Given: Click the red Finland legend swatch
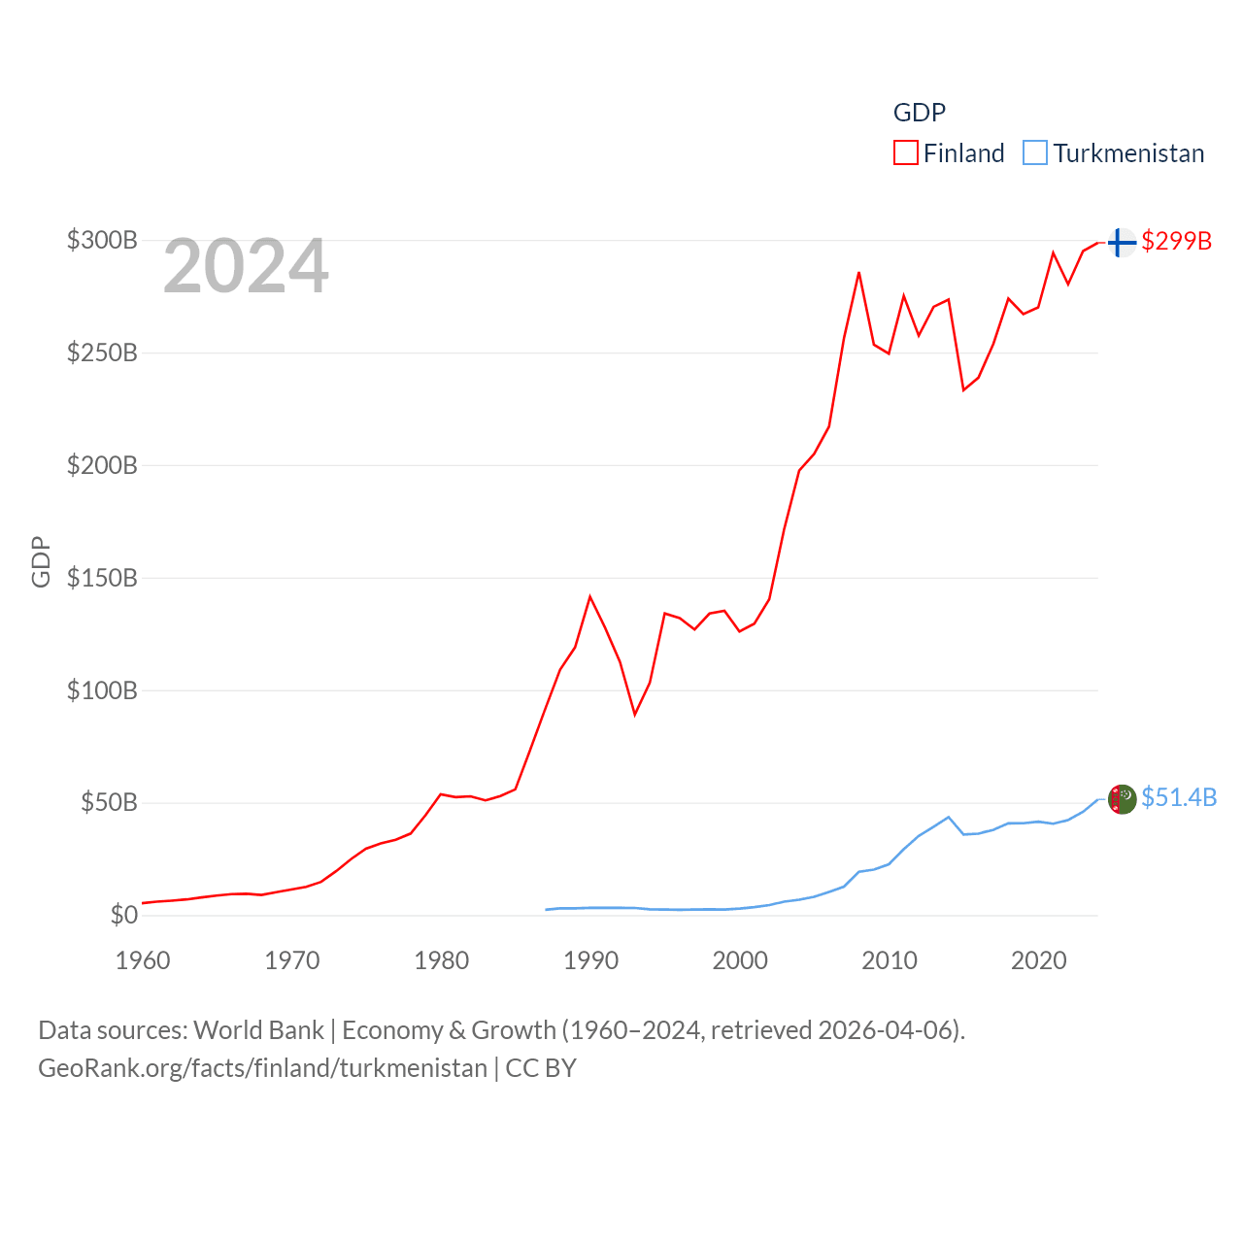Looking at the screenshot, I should [x=905, y=153].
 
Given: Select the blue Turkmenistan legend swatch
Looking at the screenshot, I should [x=1035, y=153].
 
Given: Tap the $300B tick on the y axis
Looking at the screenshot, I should [x=102, y=240].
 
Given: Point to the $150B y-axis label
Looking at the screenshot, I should [x=102, y=578].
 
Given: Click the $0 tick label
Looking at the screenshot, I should [x=123, y=915].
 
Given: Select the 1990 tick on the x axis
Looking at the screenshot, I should [x=590, y=960].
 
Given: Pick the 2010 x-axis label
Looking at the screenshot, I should [x=890, y=960].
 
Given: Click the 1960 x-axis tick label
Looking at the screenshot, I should [x=143, y=960].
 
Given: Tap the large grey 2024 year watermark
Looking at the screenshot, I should [x=246, y=266].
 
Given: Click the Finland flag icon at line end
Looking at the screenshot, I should [x=1122, y=242].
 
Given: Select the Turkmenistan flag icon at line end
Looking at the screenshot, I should [x=1122, y=799].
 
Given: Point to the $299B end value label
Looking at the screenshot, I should [x=1176, y=241].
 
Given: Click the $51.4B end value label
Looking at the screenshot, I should [x=1179, y=797].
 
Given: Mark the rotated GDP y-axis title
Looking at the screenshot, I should [x=41, y=561].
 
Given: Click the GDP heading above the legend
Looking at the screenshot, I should [x=919, y=113].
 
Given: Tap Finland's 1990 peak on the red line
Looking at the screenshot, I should [x=589, y=596].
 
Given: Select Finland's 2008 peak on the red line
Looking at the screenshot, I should [x=858, y=273].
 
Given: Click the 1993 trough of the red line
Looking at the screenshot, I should [x=635, y=714].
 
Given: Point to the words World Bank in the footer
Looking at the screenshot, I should [x=259, y=1029].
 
